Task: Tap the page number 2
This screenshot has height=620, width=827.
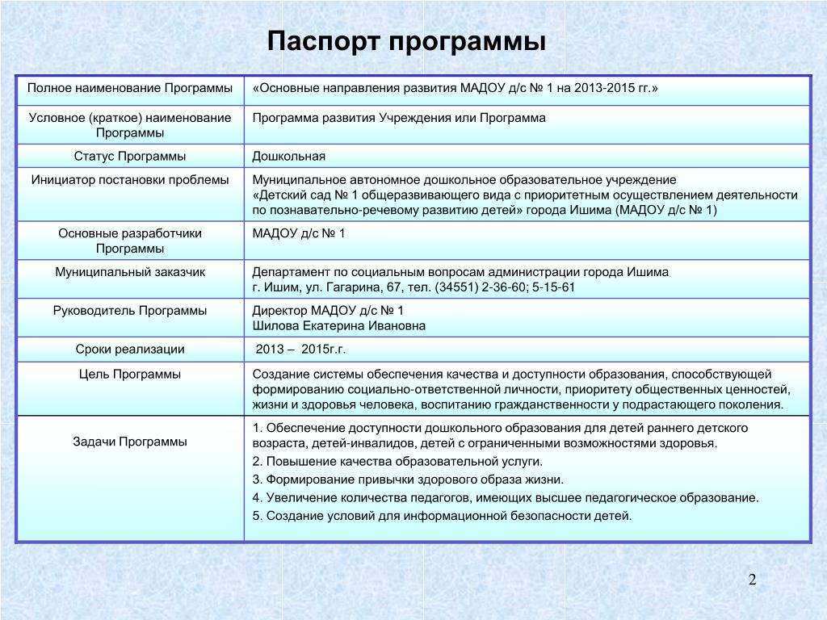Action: pyautogui.click(x=752, y=580)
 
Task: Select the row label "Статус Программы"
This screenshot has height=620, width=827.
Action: pyautogui.click(x=130, y=156)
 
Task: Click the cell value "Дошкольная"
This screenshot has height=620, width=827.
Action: pyautogui.click(x=288, y=156)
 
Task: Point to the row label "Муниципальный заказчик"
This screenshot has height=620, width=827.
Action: pyautogui.click(x=130, y=272)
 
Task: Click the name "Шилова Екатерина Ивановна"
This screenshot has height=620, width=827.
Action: pyautogui.click(x=338, y=326)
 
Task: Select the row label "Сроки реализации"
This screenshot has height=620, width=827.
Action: pyautogui.click(x=130, y=350)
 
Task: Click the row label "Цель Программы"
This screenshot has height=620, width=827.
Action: pyautogui.click(x=130, y=375)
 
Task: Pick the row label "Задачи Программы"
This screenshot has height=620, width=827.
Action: pyautogui.click(x=130, y=442)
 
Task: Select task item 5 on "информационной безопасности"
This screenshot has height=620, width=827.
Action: pyautogui.click(x=442, y=515)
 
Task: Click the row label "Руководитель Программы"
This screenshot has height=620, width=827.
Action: pyautogui.click(x=130, y=310)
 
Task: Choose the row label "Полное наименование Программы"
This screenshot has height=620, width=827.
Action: pyautogui.click(x=130, y=86)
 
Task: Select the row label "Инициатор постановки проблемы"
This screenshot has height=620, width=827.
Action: pyautogui.click(x=130, y=179)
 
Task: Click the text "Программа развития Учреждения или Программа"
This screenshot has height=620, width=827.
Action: pyautogui.click(x=399, y=118)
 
